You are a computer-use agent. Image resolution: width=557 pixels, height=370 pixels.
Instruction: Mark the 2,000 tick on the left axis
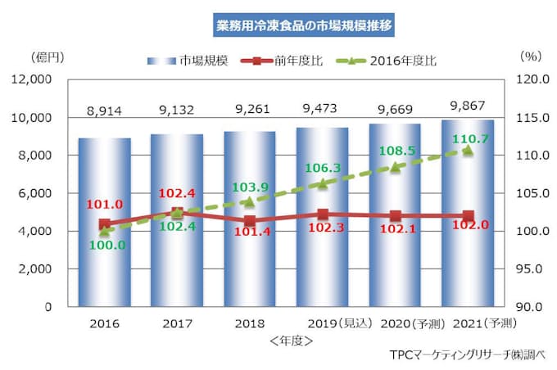coord(34,269)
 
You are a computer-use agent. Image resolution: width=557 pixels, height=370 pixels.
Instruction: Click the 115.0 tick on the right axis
coord(533,118)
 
